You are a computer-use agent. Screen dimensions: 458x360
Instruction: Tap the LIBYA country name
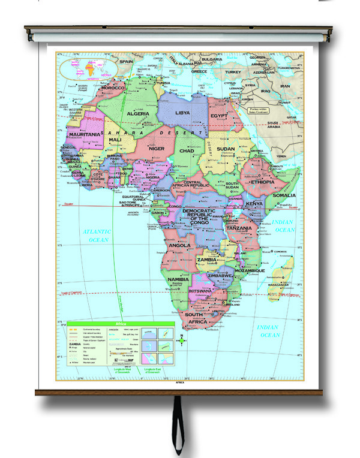pos(182,112)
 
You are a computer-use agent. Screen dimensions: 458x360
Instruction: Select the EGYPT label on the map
pos(218,114)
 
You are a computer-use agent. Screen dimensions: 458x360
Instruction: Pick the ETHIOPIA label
pos(262,182)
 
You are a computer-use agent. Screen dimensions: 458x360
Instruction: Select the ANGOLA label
pos(180,245)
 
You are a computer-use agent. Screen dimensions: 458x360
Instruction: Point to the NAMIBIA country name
pos(179,279)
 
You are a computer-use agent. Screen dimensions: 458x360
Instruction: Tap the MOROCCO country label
pos(112,88)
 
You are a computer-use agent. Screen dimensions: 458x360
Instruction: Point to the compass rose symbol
pos(183,341)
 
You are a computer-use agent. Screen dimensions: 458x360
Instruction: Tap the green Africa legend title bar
pos(119,323)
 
